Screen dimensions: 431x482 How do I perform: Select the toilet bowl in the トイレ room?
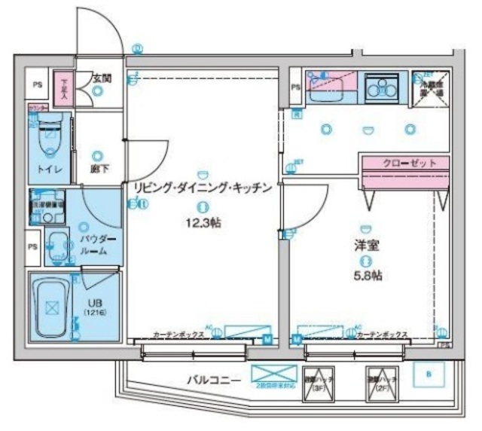pos(50,139)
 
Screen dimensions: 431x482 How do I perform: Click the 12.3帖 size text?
pos(200,225)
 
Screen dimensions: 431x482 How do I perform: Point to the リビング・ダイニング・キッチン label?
pos(201,189)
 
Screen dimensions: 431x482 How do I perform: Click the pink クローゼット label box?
pos(404,163)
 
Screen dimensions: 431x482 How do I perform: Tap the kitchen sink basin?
pos(328,91)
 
